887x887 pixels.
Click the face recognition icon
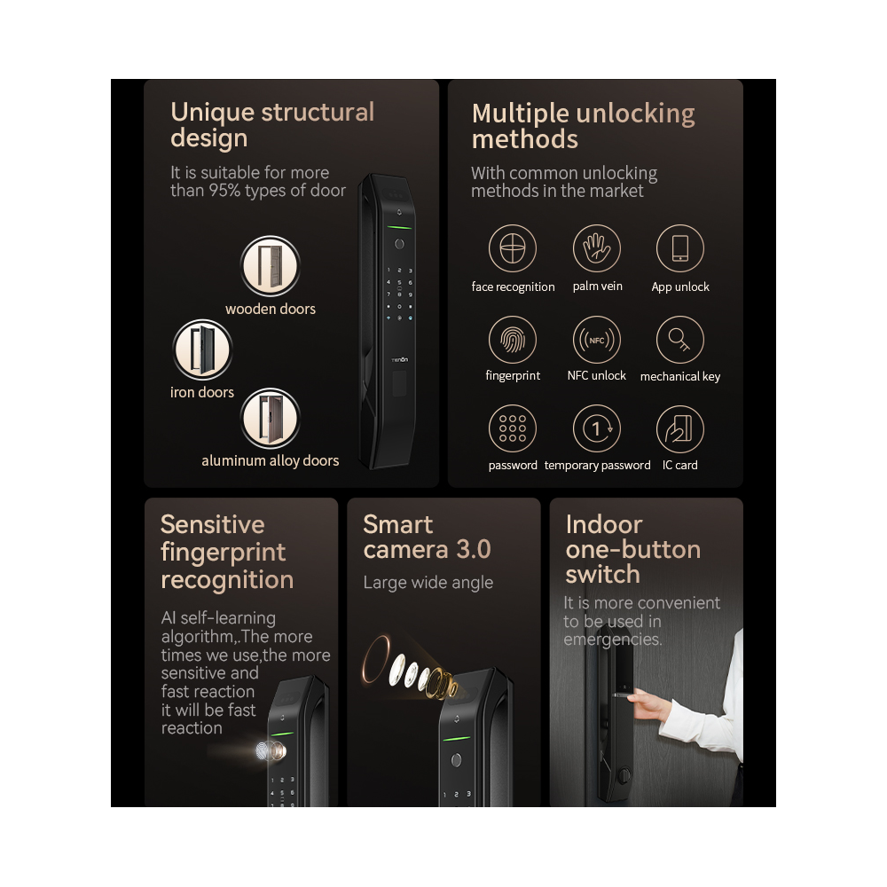(513, 249)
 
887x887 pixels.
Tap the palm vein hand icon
(596, 248)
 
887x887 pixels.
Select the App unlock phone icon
(679, 248)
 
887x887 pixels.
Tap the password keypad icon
(513, 429)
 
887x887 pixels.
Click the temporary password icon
(596, 429)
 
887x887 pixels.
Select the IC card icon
(679, 429)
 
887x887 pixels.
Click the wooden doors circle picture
(271, 266)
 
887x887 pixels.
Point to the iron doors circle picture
(201, 349)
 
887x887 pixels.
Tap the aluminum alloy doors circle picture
(271, 419)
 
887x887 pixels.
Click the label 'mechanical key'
(679, 377)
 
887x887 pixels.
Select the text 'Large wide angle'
(428, 583)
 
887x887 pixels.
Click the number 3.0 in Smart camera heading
(473, 550)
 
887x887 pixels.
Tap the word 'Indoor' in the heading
(603, 524)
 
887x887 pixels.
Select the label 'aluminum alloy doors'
(271, 461)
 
